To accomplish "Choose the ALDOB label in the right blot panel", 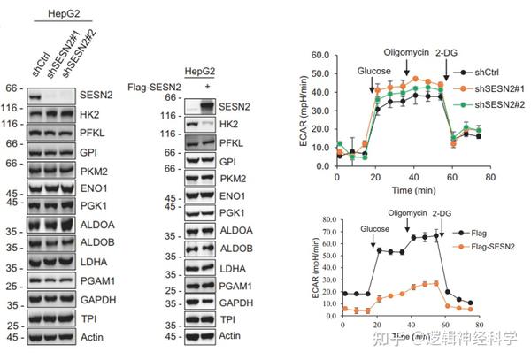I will (x=233, y=252).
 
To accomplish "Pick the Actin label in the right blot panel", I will (x=230, y=336).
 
